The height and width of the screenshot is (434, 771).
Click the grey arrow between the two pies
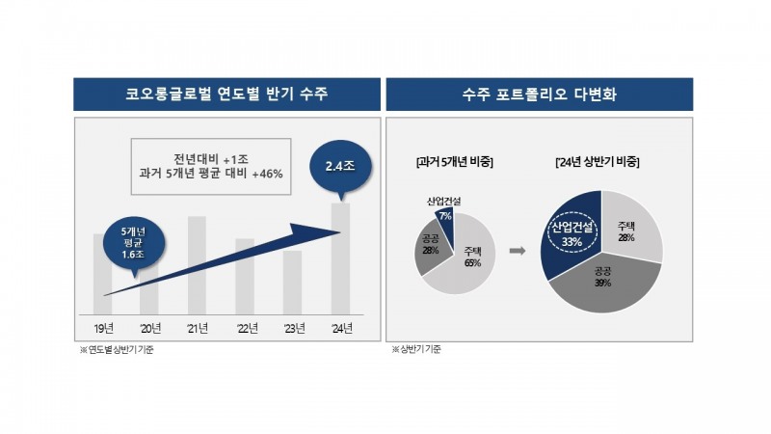click(518, 250)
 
